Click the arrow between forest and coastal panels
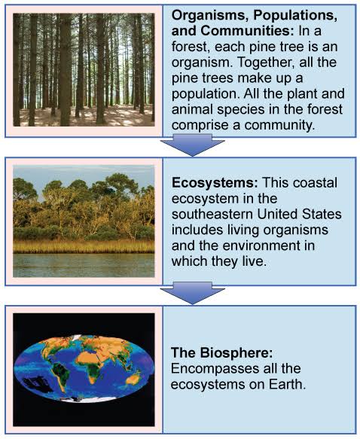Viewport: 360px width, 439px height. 192,144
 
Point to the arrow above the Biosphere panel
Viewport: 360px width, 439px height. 192,292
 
